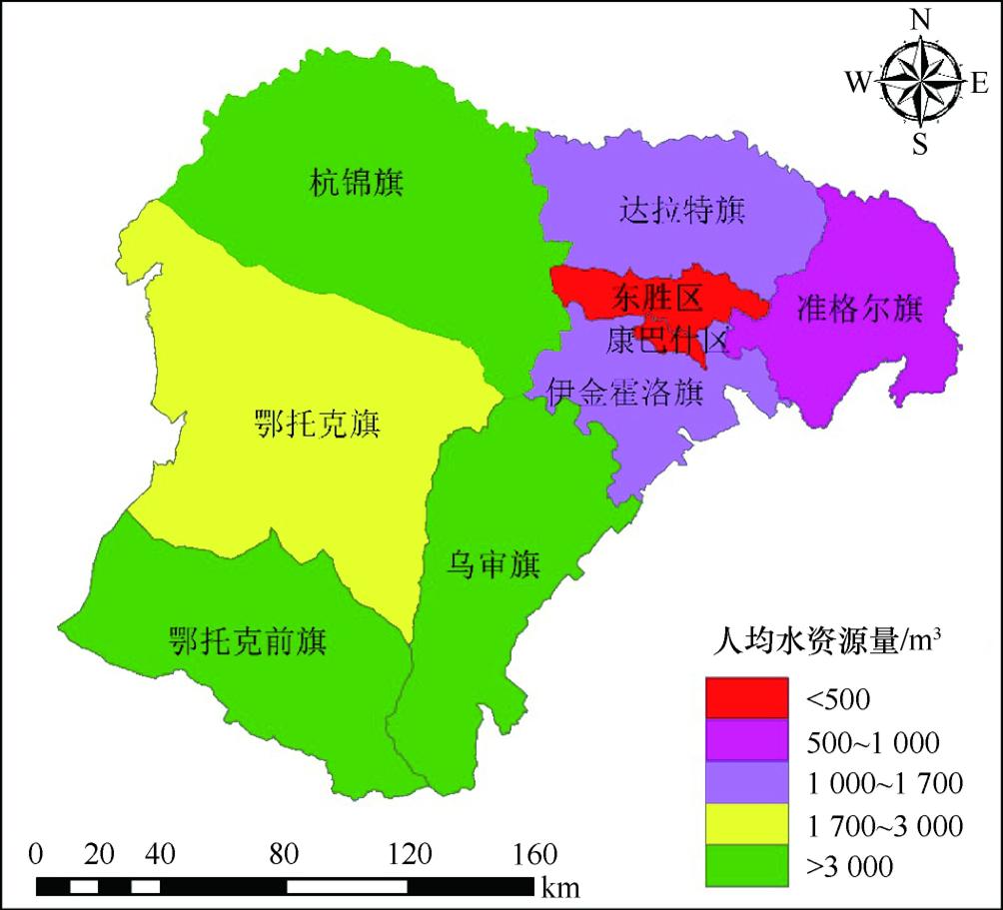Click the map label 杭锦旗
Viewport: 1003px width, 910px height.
tap(357, 183)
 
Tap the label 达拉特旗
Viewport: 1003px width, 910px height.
tap(682, 211)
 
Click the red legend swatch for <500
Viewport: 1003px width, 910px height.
tap(745, 697)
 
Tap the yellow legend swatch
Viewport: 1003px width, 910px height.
tap(745, 825)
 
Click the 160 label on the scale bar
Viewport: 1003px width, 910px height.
tap(534, 855)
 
